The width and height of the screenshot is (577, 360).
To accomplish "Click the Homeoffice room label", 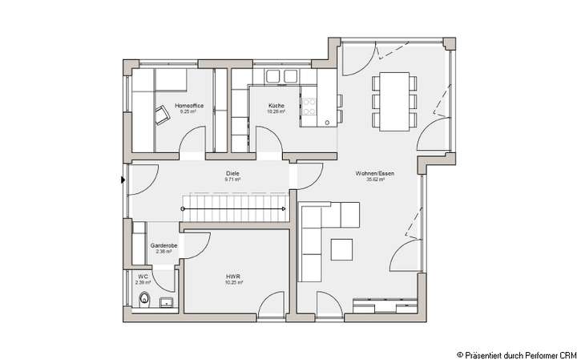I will (x=188, y=106).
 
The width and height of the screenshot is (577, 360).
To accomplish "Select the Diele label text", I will (x=233, y=174).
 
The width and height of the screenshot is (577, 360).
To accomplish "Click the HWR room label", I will (x=233, y=276).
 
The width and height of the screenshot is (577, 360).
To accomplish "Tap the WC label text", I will (x=143, y=276).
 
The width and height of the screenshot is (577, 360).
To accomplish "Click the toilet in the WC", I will (x=143, y=301).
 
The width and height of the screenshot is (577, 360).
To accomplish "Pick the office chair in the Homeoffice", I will (x=163, y=115).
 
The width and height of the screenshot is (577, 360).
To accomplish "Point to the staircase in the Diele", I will (x=235, y=209).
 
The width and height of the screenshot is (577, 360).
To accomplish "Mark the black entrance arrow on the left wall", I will (x=123, y=180).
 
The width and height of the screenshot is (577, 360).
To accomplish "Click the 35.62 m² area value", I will (x=375, y=180).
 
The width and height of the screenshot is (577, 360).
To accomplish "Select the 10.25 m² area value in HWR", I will (x=233, y=282).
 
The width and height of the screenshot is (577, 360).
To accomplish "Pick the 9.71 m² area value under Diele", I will (x=233, y=180).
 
